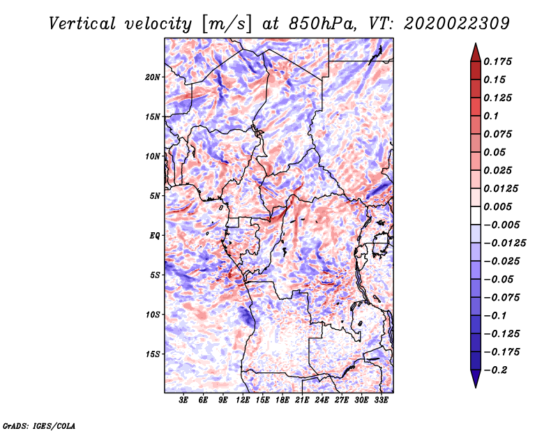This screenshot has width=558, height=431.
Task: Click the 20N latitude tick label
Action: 153,77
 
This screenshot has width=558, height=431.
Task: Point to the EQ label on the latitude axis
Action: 154,236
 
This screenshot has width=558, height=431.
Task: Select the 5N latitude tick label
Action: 155,196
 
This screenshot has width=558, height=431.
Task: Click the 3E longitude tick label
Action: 183,400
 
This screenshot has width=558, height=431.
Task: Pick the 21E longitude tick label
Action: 302,400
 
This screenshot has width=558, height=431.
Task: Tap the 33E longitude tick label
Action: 381,400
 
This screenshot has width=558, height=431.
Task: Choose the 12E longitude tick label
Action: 243,400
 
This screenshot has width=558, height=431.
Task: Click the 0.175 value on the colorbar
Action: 497,61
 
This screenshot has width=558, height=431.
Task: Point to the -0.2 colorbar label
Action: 495,370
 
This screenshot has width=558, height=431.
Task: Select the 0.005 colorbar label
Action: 497,206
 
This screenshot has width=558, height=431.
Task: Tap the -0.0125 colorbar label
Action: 504,243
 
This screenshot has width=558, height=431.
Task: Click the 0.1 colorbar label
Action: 491,116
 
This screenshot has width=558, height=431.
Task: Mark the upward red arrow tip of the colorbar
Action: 476,43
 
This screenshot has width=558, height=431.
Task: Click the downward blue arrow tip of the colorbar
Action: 476,387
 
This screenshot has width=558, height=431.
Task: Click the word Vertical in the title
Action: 82,24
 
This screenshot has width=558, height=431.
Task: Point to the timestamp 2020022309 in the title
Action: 457,24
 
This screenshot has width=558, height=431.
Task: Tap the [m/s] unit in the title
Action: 227,24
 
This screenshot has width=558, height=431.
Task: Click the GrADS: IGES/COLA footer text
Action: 39,426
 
